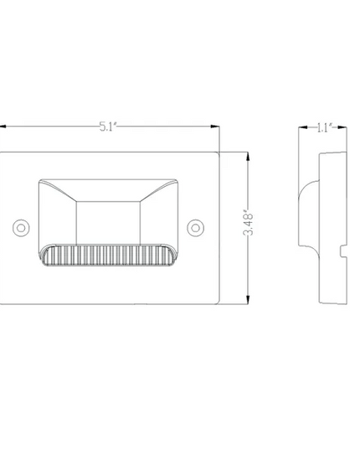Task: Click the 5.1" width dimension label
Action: tap(108, 127)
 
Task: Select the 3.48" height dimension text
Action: tap(248, 225)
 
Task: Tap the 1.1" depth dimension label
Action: tap(324, 127)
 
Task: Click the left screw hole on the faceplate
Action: tap(21, 228)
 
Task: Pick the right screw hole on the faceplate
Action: tap(195, 228)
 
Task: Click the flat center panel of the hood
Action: tap(108, 223)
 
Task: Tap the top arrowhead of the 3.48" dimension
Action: tap(248, 157)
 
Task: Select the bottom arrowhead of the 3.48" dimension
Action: tap(248, 300)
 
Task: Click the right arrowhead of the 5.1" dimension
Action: tap(215, 127)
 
